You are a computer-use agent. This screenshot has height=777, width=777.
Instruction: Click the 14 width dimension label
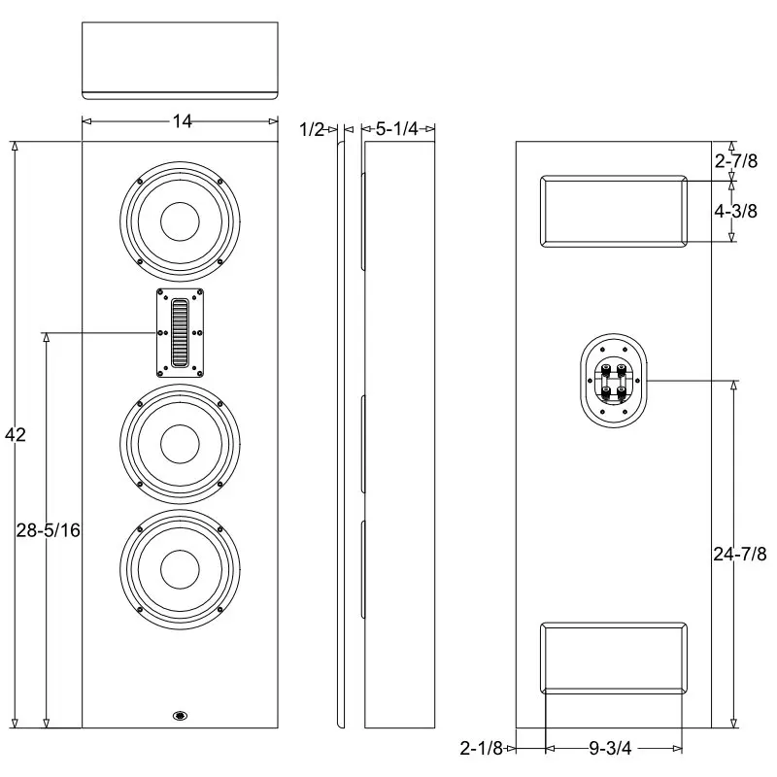pyautogui.click(x=182, y=120)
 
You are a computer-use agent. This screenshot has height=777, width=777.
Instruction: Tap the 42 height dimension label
pyautogui.click(x=15, y=434)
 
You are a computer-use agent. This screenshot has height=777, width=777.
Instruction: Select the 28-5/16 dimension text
pyautogui.click(x=48, y=530)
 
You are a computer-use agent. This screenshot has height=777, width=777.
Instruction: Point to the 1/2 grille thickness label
pyautogui.click(x=312, y=130)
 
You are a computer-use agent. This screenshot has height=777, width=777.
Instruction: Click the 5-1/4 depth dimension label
pyautogui.click(x=397, y=129)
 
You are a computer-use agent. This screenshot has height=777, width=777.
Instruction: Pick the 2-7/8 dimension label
pyautogui.click(x=736, y=161)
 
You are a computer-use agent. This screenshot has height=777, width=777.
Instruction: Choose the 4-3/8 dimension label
pyautogui.click(x=736, y=211)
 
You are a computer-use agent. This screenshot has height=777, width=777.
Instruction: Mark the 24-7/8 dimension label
pyautogui.click(x=740, y=554)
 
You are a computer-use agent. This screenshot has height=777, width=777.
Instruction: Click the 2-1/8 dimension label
pyautogui.click(x=481, y=748)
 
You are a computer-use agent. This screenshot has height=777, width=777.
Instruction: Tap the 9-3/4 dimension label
pyautogui.click(x=610, y=748)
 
